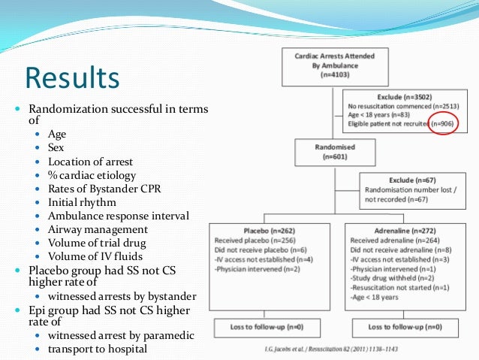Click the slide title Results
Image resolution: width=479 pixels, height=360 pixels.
pos(71,78)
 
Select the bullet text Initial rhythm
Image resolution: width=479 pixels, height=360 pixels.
pos(84,202)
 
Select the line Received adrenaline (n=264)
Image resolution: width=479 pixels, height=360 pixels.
pos(384,241)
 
